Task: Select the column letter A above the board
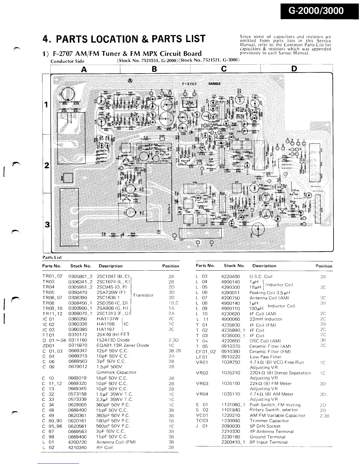pyautogui.click(x=84, y=69)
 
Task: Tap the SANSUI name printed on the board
pyautogui.click(x=216, y=83)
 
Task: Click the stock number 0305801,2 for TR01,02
pyautogui.click(x=80, y=277)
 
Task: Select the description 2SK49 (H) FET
pyautogui.click(x=113, y=334)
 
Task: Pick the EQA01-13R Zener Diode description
pyautogui.click(x=123, y=345)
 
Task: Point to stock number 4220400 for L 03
pyautogui.click(x=230, y=277)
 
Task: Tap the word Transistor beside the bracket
pyautogui.click(x=143, y=295)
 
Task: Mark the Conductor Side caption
pyautogui.click(x=67, y=61)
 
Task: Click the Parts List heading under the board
pyautogui.click(x=52, y=257)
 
